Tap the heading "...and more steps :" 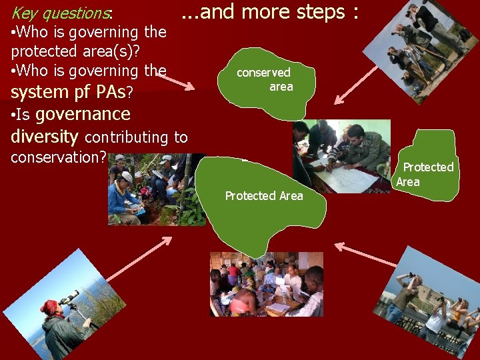[271, 12]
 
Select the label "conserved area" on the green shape [267, 79]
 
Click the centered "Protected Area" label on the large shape [264, 196]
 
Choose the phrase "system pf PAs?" [72, 91]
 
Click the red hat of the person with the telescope [49, 307]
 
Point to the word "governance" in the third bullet [83, 114]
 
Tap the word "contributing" [127, 137]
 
